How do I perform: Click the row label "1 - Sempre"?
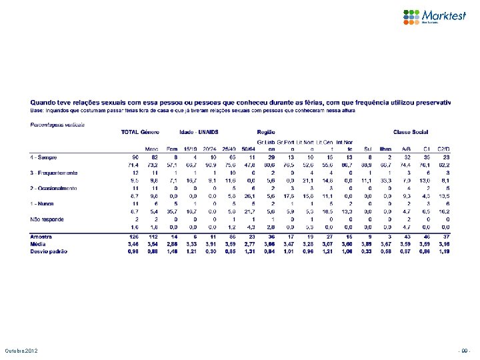43,157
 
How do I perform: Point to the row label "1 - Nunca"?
43,203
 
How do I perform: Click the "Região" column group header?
267,132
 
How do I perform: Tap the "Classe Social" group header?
411,132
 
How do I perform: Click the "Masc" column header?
153,149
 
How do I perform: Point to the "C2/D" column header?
444,149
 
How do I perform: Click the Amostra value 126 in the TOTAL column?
133,237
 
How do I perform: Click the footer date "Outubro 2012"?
23,351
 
